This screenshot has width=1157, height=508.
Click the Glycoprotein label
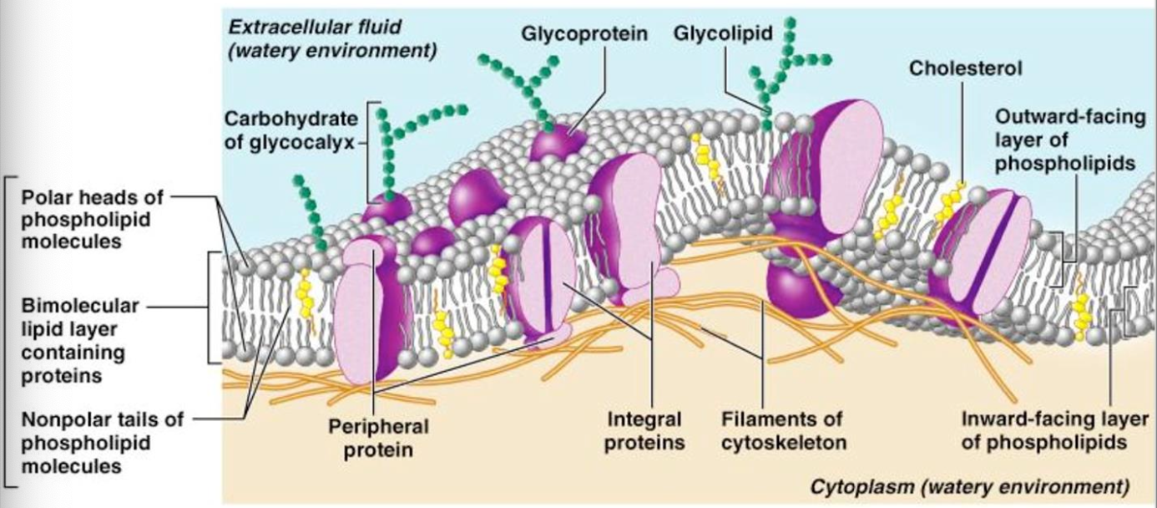click(584, 34)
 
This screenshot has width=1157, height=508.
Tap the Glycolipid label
click(723, 34)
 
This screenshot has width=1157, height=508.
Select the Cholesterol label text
click(965, 69)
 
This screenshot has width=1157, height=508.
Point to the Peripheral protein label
click(377, 437)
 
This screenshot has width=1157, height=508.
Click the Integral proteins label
click(644, 430)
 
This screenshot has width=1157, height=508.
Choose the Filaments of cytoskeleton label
click(781, 430)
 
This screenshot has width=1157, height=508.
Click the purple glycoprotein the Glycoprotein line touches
click(558, 144)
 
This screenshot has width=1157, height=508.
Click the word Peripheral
click(377, 426)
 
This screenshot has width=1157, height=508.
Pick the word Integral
click(644, 419)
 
